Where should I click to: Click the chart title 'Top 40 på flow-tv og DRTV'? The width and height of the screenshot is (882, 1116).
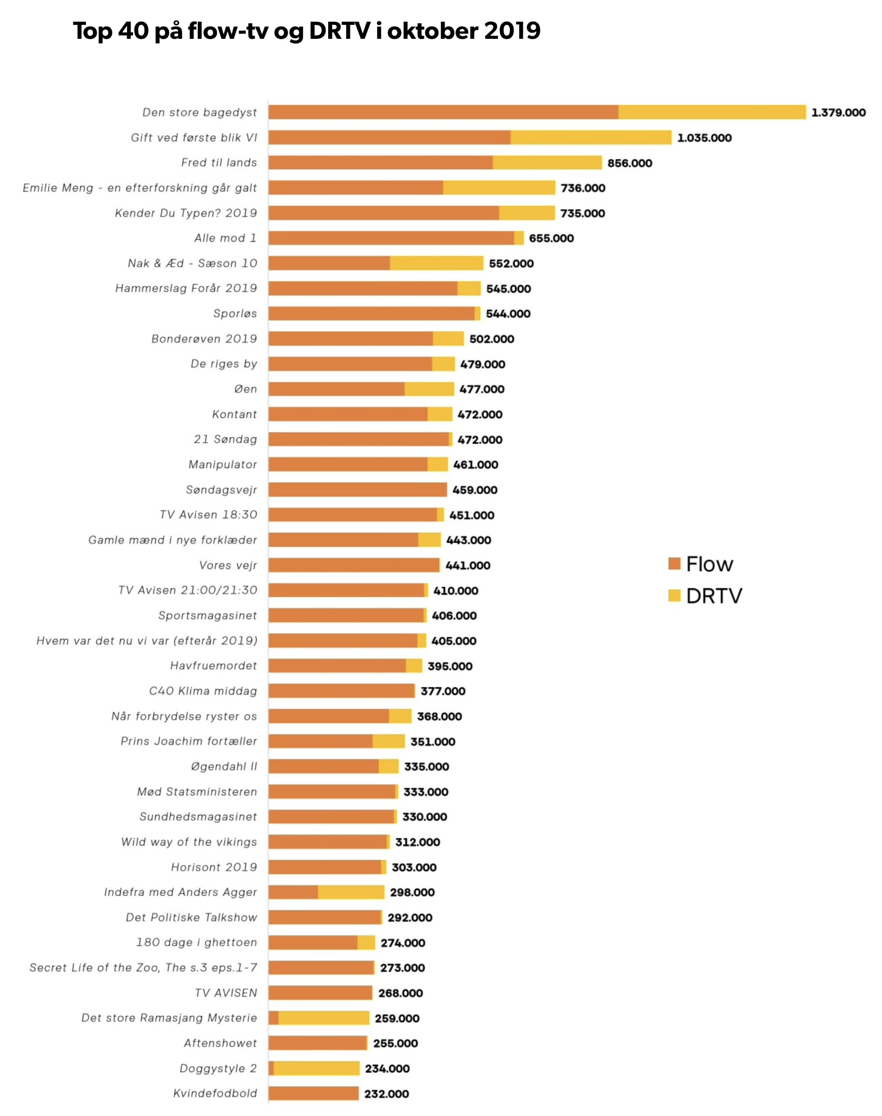(x=306, y=31)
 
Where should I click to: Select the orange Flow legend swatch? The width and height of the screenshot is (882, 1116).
(x=674, y=563)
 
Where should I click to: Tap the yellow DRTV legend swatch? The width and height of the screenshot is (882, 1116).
(x=674, y=596)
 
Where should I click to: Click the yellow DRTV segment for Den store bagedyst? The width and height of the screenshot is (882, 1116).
(x=712, y=112)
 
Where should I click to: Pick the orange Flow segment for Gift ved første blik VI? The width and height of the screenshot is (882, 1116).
(x=389, y=137)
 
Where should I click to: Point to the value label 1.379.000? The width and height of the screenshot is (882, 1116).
(x=838, y=112)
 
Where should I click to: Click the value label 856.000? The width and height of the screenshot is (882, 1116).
(x=629, y=163)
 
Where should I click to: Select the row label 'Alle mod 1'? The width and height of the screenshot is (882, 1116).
(x=225, y=238)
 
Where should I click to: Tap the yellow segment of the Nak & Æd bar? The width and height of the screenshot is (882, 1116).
(x=436, y=263)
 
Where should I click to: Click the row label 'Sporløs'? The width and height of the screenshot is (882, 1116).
(x=235, y=313)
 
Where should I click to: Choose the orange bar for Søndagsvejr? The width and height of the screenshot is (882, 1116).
(x=357, y=489)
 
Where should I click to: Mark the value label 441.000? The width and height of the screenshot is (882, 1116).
(x=468, y=566)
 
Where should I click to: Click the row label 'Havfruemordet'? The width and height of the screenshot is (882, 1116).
(x=213, y=665)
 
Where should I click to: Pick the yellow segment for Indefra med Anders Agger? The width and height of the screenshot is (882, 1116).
(x=351, y=892)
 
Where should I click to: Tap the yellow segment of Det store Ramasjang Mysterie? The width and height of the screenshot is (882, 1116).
(x=324, y=1018)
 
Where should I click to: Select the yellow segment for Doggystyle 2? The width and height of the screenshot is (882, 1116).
(x=316, y=1068)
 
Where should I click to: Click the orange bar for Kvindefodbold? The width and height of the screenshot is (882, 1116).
(x=313, y=1093)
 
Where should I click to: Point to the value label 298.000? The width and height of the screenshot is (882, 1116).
(x=412, y=892)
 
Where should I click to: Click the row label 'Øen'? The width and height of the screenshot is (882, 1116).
(x=245, y=389)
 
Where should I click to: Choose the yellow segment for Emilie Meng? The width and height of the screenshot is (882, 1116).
(x=499, y=187)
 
